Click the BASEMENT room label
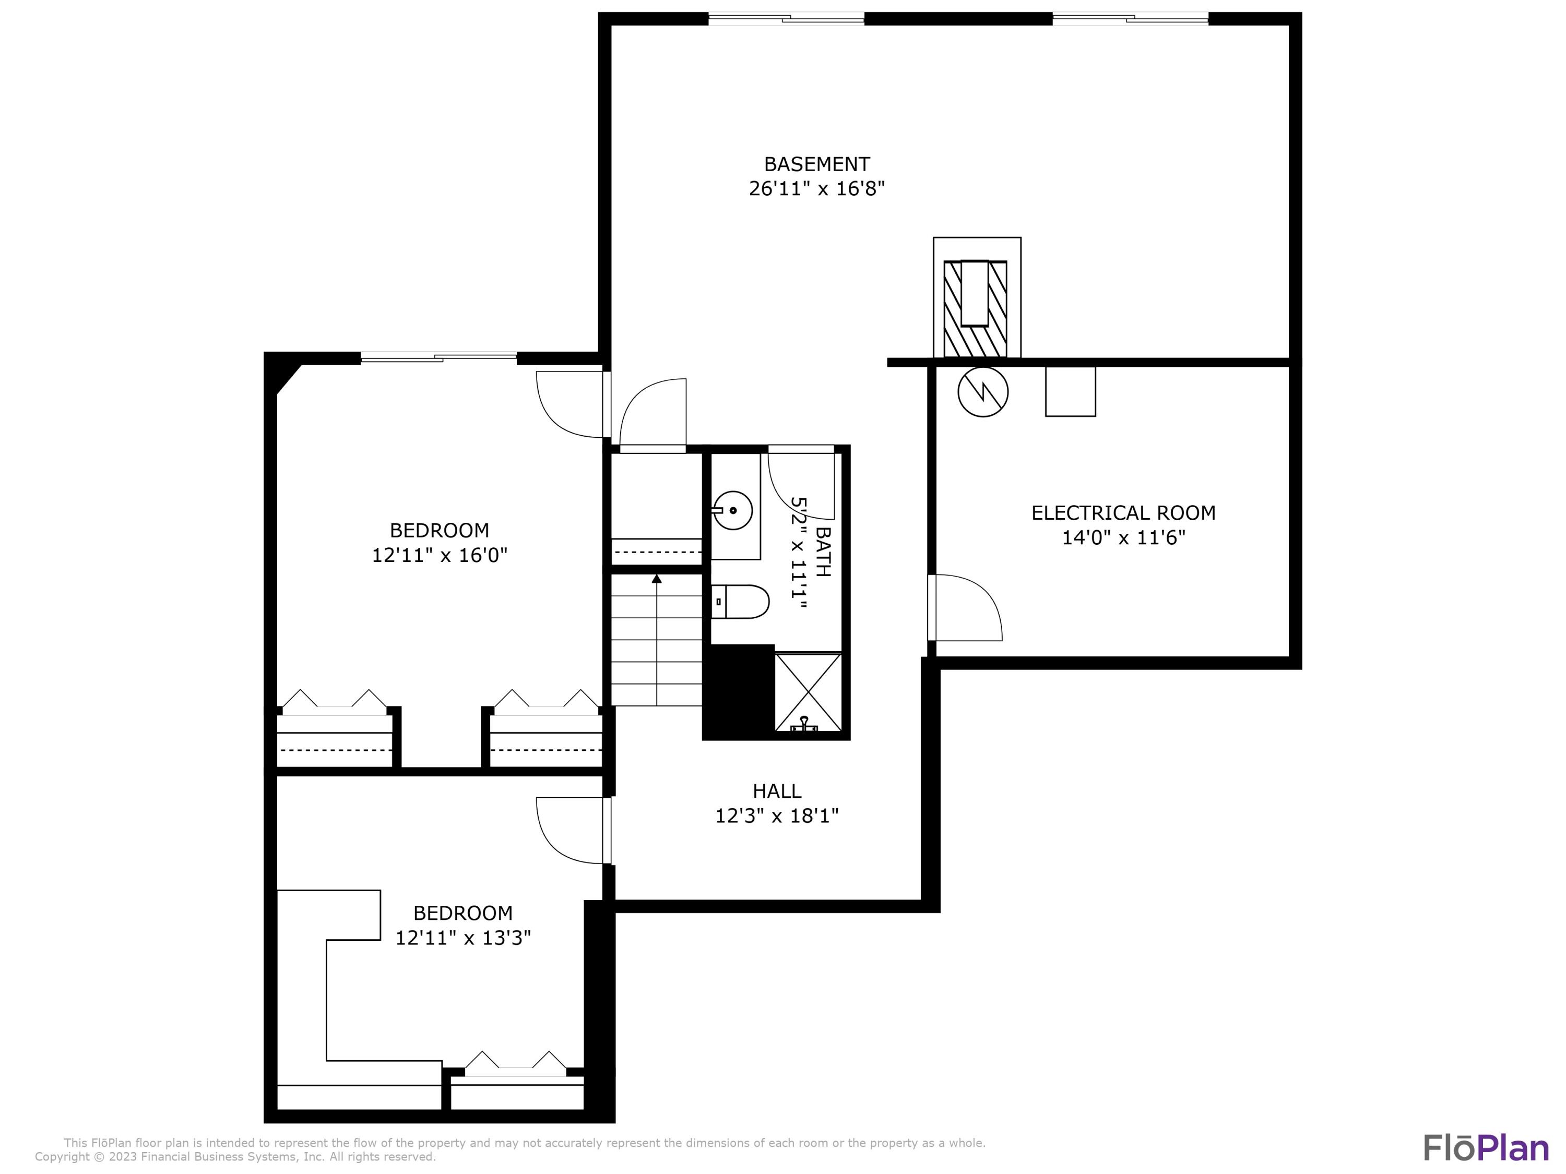[816, 164]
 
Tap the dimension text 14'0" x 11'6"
[1123, 538]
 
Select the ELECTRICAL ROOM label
[1123, 513]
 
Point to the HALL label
[777, 791]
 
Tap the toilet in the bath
[740, 602]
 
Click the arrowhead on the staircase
[657, 579]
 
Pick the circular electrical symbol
[982, 391]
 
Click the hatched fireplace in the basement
[975, 308]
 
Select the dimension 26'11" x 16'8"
[816, 189]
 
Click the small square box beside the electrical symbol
[1071, 391]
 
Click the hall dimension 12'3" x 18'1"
[777, 817]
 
